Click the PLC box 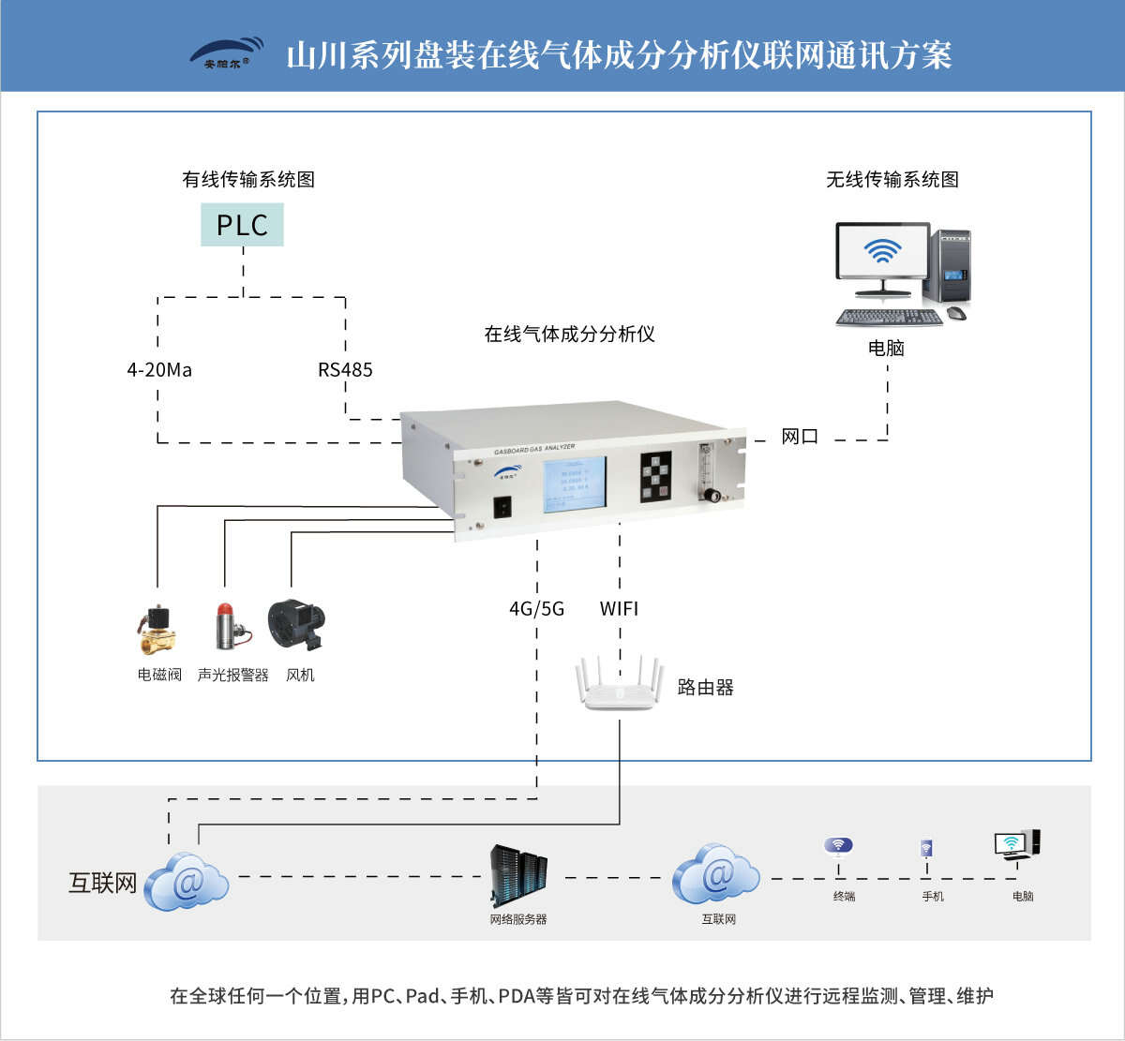[242, 225]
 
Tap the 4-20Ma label [159, 370]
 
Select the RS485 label [345, 370]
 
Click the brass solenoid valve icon [157, 630]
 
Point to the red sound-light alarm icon [227, 626]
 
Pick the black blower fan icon [296, 625]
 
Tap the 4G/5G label [536, 609]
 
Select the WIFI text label [619, 609]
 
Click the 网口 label [800, 437]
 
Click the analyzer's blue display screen [574, 485]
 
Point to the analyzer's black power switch [504, 507]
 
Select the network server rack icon [518, 876]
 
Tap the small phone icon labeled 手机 [926, 850]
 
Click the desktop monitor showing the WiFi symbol [882, 251]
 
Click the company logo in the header [227, 54]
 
